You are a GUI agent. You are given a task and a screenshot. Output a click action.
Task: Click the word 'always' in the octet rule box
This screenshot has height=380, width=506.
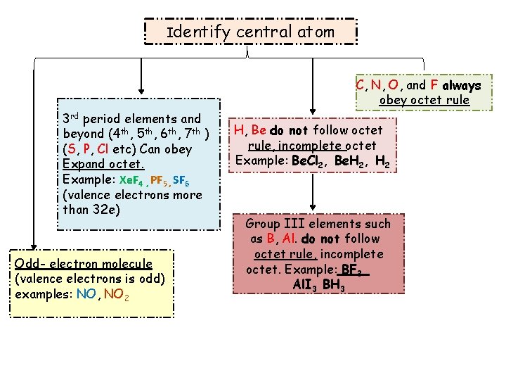(x=462, y=86)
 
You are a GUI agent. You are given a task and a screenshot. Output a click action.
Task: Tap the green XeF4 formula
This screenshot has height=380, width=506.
(x=131, y=179)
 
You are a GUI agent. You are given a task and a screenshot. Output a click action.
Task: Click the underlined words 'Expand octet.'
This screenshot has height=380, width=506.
(x=103, y=164)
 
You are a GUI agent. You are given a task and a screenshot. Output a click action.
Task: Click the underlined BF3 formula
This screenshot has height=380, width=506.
(x=356, y=270)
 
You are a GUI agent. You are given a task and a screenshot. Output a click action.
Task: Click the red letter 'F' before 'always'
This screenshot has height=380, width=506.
(x=434, y=86)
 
